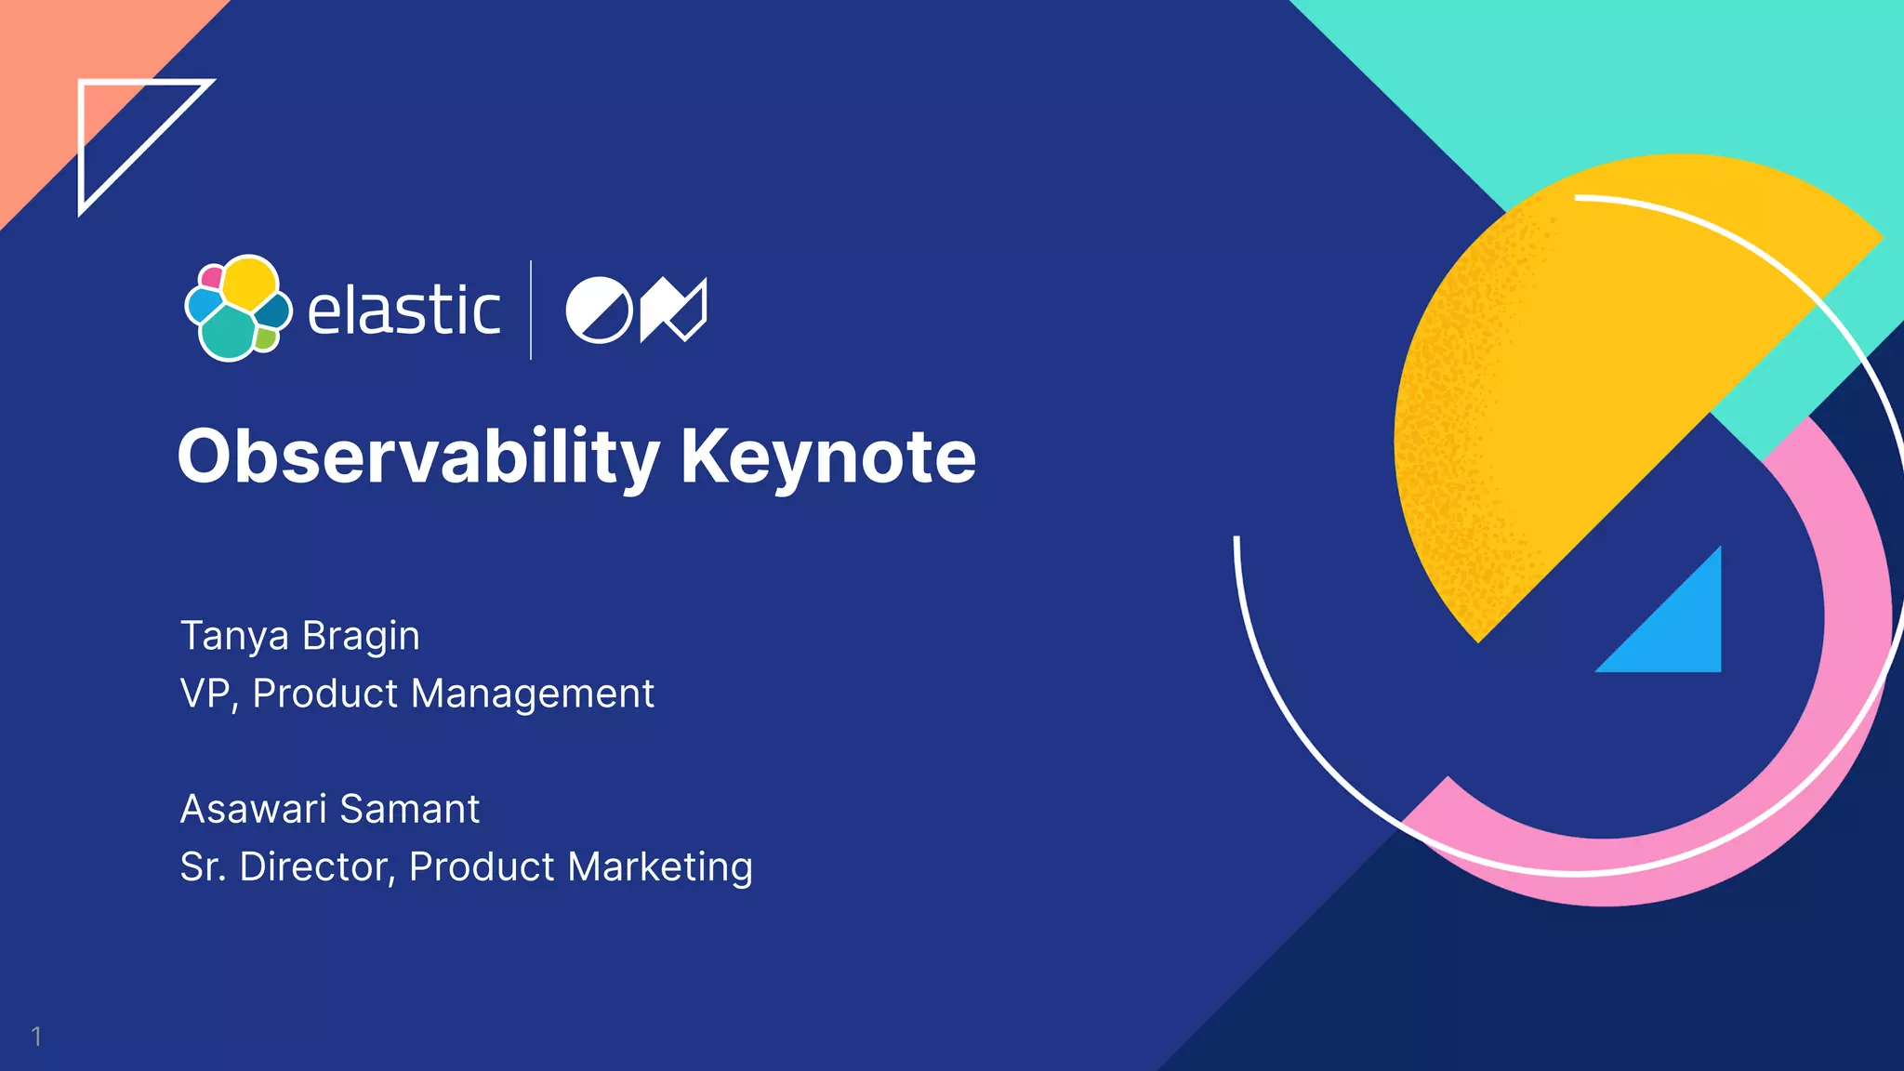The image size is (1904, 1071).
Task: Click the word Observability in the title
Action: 417,456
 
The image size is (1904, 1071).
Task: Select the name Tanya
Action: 234,637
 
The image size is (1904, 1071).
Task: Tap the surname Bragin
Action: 361,637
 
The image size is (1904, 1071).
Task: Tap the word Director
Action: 317,866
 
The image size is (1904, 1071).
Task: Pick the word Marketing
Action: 660,866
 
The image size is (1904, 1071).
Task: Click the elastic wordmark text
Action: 403,311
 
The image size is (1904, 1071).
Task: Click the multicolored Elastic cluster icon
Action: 238,309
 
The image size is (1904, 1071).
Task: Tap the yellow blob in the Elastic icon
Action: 250,283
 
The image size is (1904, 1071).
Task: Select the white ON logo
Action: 636,310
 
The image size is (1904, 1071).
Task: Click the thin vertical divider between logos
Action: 531,310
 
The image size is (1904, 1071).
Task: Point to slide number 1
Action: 36,1036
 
